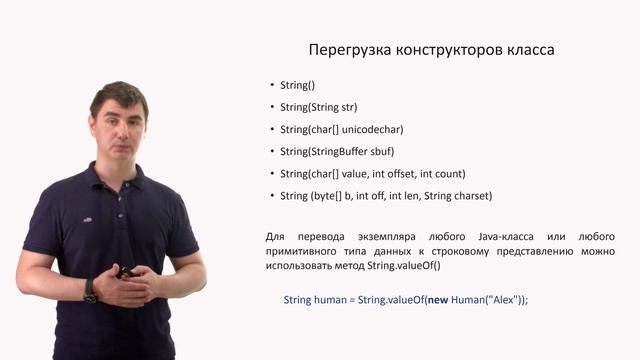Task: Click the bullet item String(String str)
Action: (x=318, y=108)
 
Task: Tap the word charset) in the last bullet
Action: (x=469, y=196)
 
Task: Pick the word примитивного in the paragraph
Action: (x=304, y=251)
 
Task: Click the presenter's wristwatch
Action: (x=90, y=291)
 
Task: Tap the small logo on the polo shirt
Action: (x=87, y=218)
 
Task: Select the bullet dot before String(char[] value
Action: (x=272, y=174)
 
